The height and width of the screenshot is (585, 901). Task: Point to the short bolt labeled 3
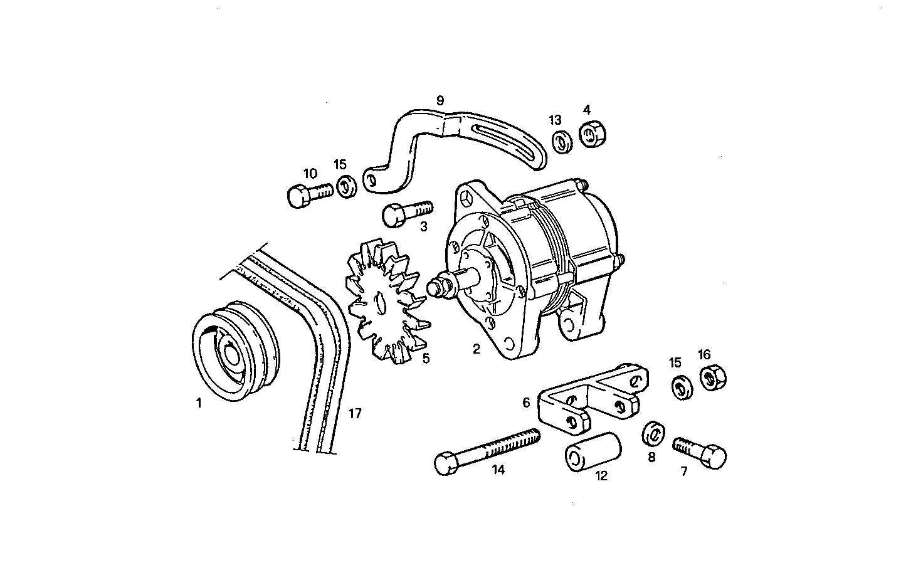pyautogui.click(x=406, y=213)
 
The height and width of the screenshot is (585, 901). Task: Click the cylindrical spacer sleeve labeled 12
pyautogui.click(x=593, y=451)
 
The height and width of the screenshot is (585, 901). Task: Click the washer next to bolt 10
pyautogui.click(x=346, y=187)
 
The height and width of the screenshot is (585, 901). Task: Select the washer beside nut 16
pyautogui.click(x=681, y=387)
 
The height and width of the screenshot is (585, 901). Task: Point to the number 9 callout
pyautogui.click(x=440, y=100)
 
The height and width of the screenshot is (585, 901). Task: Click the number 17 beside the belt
pyautogui.click(x=356, y=413)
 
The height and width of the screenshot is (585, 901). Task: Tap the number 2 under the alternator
pyautogui.click(x=477, y=349)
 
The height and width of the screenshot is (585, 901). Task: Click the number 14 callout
pyautogui.click(x=498, y=470)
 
